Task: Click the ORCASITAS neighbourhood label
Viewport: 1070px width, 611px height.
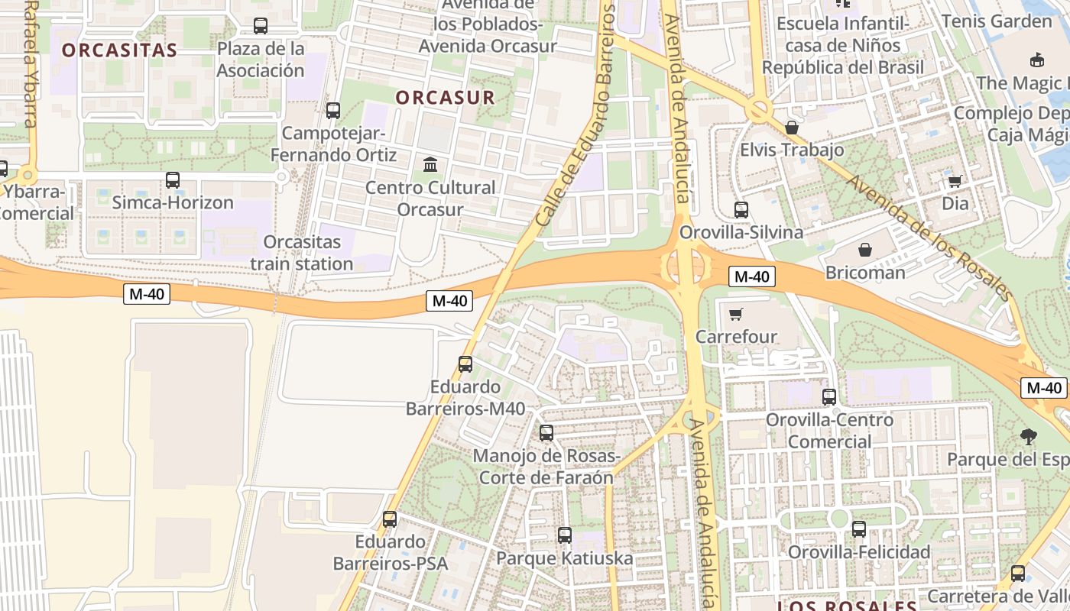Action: pyautogui.click(x=119, y=50)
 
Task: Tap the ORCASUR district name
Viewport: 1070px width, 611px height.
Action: pyautogui.click(x=445, y=98)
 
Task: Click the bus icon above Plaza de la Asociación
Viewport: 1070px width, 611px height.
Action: pyautogui.click(x=261, y=26)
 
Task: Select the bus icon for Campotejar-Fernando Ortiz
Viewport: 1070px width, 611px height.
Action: pyautogui.click(x=332, y=110)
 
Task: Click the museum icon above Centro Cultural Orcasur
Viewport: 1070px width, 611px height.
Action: pyautogui.click(x=430, y=164)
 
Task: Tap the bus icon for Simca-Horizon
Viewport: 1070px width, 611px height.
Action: pyautogui.click(x=173, y=180)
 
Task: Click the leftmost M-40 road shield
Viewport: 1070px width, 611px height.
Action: pyautogui.click(x=147, y=293)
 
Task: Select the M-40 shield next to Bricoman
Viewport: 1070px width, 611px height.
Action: pyautogui.click(x=752, y=276)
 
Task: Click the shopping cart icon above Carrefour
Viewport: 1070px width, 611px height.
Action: pyautogui.click(x=736, y=314)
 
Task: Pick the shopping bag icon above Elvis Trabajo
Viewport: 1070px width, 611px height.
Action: pyautogui.click(x=792, y=127)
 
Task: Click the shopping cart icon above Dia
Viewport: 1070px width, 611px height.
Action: pyautogui.click(x=955, y=181)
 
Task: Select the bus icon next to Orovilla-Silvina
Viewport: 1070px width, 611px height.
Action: pyautogui.click(x=741, y=209)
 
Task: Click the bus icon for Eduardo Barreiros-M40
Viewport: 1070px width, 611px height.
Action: pyautogui.click(x=465, y=364)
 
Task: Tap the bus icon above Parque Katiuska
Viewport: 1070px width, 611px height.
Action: pyautogui.click(x=564, y=535)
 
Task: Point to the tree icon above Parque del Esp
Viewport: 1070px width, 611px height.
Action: pyautogui.click(x=1028, y=437)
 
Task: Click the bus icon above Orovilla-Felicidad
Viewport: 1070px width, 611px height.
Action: pyautogui.click(x=858, y=529)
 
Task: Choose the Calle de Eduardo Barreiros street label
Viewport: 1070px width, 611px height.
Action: pyautogui.click(x=575, y=115)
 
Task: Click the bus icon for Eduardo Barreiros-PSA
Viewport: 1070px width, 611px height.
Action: pyautogui.click(x=390, y=519)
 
